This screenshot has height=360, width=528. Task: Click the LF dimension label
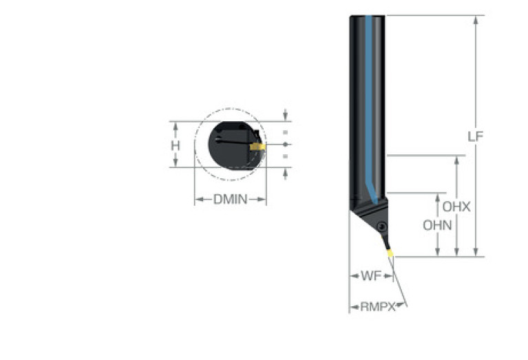pyautogui.click(x=475, y=136)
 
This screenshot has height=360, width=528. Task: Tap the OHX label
pyautogui.click(x=456, y=207)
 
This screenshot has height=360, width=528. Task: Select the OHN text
pyautogui.click(x=437, y=225)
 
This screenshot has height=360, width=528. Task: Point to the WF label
pyautogui.click(x=371, y=276)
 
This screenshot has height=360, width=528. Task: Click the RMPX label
pyautogui.click(x=377, y=307)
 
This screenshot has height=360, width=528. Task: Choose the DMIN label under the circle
pyautogui.click(x=231, y=200)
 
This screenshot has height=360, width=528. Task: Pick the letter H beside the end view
pyautogui.click(x=175, y=146)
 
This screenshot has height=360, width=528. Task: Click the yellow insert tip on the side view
pyautogui.click(x=390, y=253)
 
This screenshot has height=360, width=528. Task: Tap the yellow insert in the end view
pyautogui.click(x=257, y=147)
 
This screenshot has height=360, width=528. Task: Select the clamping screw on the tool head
pyautogui.click(x=382, y=226)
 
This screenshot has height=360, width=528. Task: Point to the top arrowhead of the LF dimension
pyautogui.click(x=476, y=20)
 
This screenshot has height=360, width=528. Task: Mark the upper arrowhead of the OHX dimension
pyautogui.click(x=456, y=160)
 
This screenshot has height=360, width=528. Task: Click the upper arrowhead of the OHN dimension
pyautogui.click(x=437, y=198)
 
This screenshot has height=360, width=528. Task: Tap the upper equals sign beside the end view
pyautogui.click(x=285, y=132)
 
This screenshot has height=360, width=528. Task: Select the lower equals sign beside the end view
pyautogui.click(x=285, y=156)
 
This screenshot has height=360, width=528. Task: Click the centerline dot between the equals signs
pyautogui.click(x=285, y=145)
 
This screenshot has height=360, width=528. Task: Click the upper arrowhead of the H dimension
pyautogui.click(x=175, y=126)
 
